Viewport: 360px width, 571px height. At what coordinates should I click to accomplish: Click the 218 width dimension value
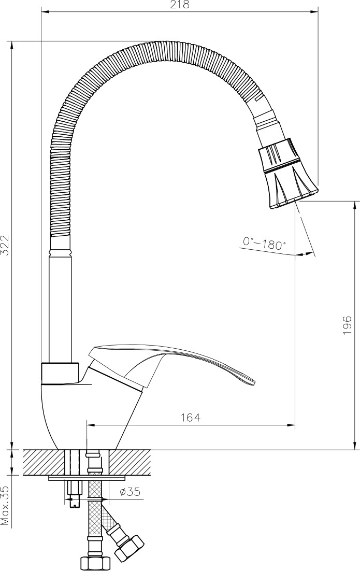coord(180,5)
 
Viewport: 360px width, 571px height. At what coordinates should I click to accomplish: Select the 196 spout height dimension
coord(347,325)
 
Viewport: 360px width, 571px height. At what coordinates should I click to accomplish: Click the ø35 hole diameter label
coord(130,492)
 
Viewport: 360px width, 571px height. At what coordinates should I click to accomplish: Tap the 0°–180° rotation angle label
coord(264,243)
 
